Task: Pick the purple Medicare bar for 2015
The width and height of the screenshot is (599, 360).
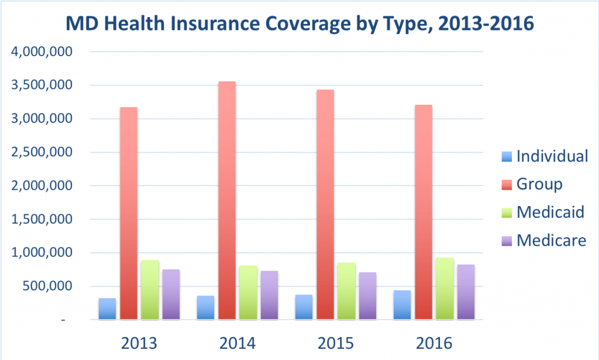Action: tap(367, 296)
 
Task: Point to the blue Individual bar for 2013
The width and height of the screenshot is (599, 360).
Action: tap(107, 308)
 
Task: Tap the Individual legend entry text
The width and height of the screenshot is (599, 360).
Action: tap(552, 156)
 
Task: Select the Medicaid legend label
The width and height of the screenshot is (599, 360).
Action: tap(550, 212)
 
